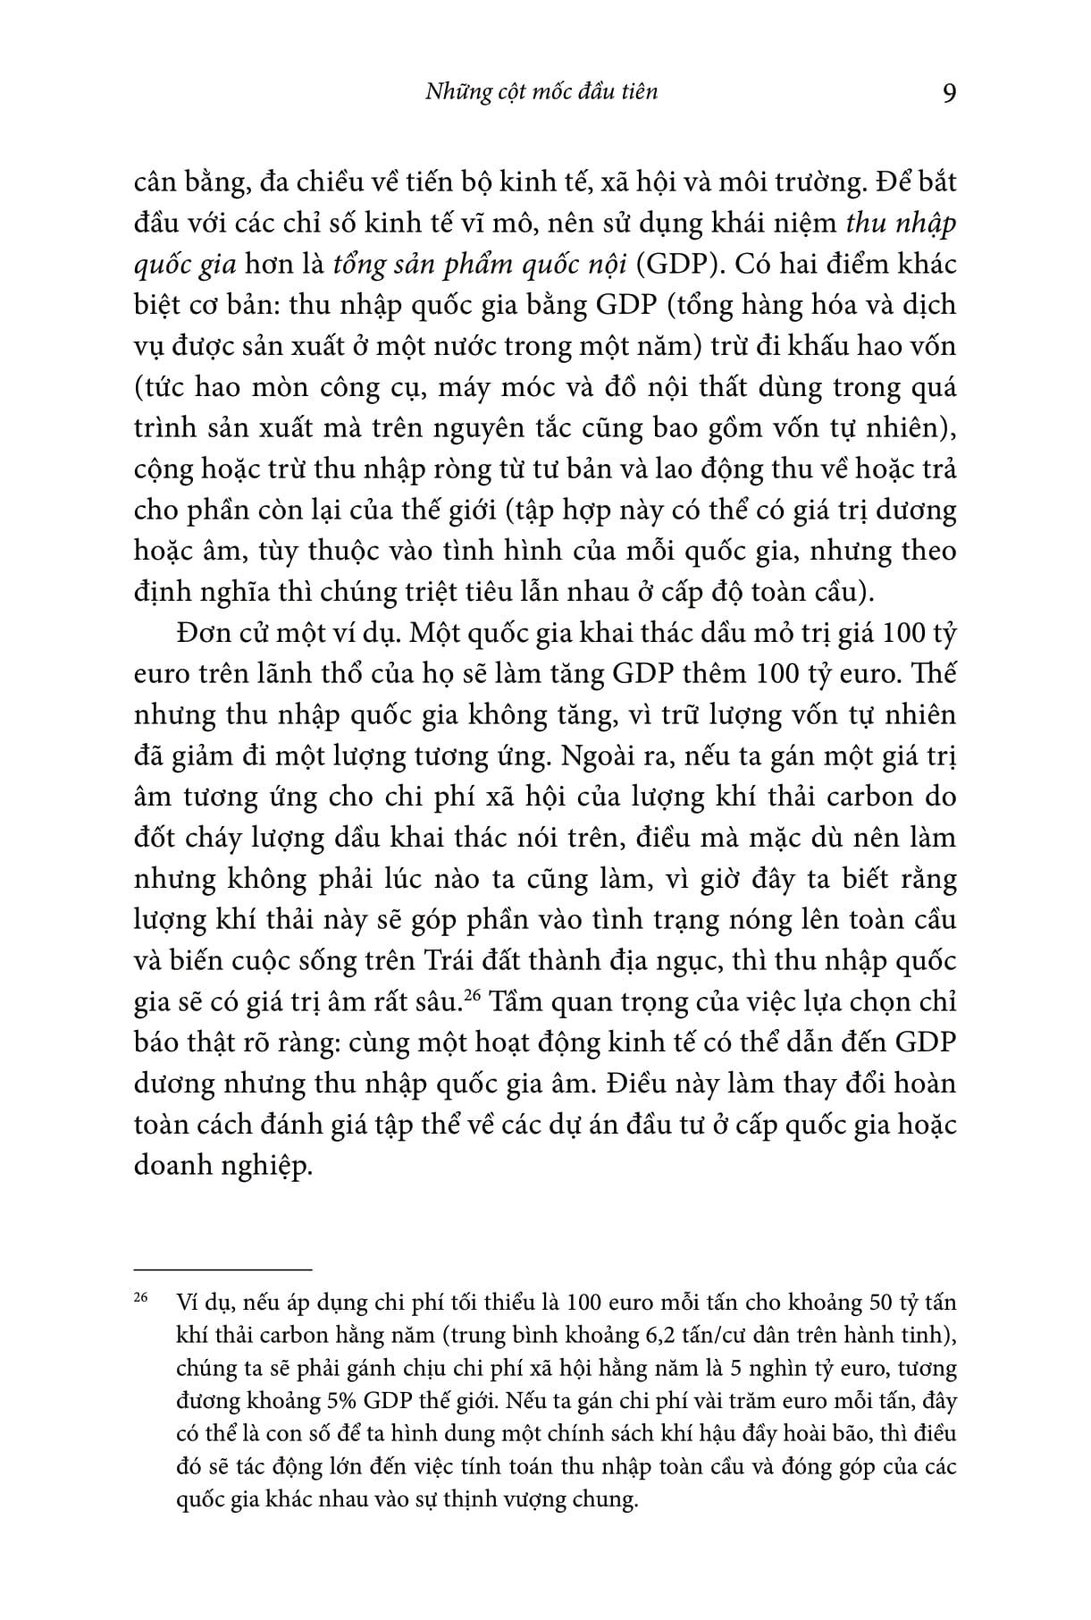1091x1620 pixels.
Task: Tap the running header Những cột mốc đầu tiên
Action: click(x=530, y=91)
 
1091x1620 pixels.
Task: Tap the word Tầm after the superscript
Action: click(x=511, y=1001)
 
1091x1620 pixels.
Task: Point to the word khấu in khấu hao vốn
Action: click(x=787, y=345)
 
